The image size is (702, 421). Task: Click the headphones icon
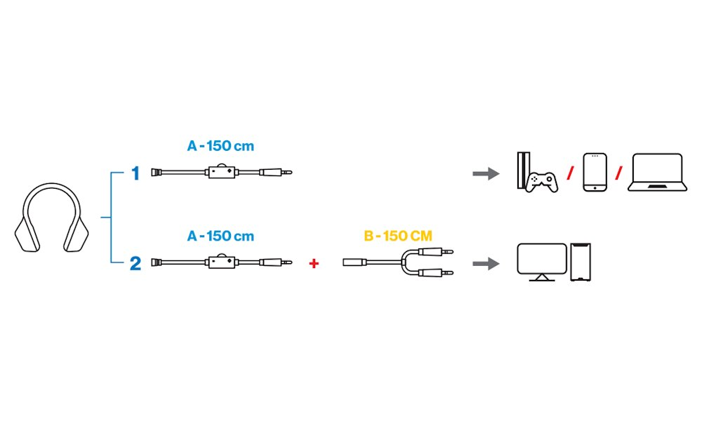pyautogui.click(x=53, y=218)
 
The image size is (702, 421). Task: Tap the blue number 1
pyautogui.click(x=136, y=173)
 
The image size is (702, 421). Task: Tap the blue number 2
pyautogui.click(x=135, y=264)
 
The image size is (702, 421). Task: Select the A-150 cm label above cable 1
pyautogui.click(x=220, y=147)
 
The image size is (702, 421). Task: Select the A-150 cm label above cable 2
pyautogui.click(x=220, y=236)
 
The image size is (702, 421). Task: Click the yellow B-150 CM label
pyautogui.click(x=398, y=236)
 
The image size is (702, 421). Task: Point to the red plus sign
pyautogui.click(x=314, y=263)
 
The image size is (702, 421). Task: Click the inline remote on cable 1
pyautogui.click(x=221, y=171)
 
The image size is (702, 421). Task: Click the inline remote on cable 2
pyautogui.click(x=221, y=262)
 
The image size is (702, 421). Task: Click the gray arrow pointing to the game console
pyautogui.click(x=485, y=173)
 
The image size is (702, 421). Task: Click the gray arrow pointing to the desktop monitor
pyautogui.click(x=485, y=264)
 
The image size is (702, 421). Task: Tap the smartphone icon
pyautogui.click(x=595, y=173)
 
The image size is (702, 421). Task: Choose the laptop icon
pyautogui.click(x=657, y=173)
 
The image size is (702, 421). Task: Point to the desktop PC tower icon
pyautogui.click(x=582, y=263)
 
